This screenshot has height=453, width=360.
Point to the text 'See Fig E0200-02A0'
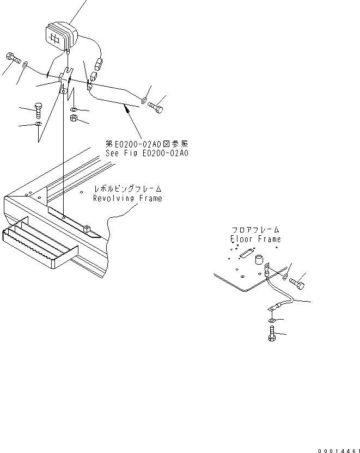coord(147,153)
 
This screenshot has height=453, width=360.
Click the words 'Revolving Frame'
coord(127,198)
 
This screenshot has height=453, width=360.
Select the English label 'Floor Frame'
coord(255,238)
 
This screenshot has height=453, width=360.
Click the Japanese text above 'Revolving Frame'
coord(128,189)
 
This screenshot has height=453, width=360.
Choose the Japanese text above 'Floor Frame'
coord(255,230)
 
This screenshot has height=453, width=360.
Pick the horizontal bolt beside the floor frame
coord(297,283)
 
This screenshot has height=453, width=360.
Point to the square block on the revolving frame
coord(87,225)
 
